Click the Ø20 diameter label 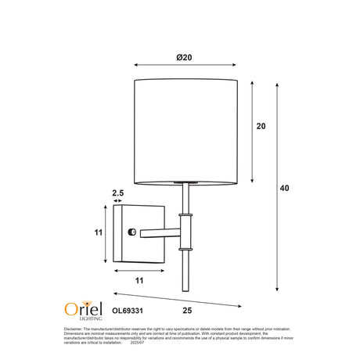(185, 57)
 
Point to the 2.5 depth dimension (118, 192)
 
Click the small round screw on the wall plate (131, 232)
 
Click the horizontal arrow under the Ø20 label (185, 66)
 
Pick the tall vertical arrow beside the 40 (278, 189)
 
